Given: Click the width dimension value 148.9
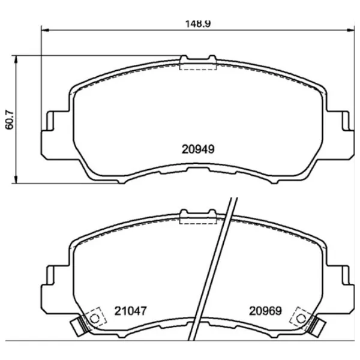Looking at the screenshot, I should pyautogui.click(x=197, y=24).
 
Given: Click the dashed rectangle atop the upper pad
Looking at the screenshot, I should pyautogui.click(x=198, y=65).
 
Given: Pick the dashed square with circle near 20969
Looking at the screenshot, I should pyautogui.click(x=299, y=317).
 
